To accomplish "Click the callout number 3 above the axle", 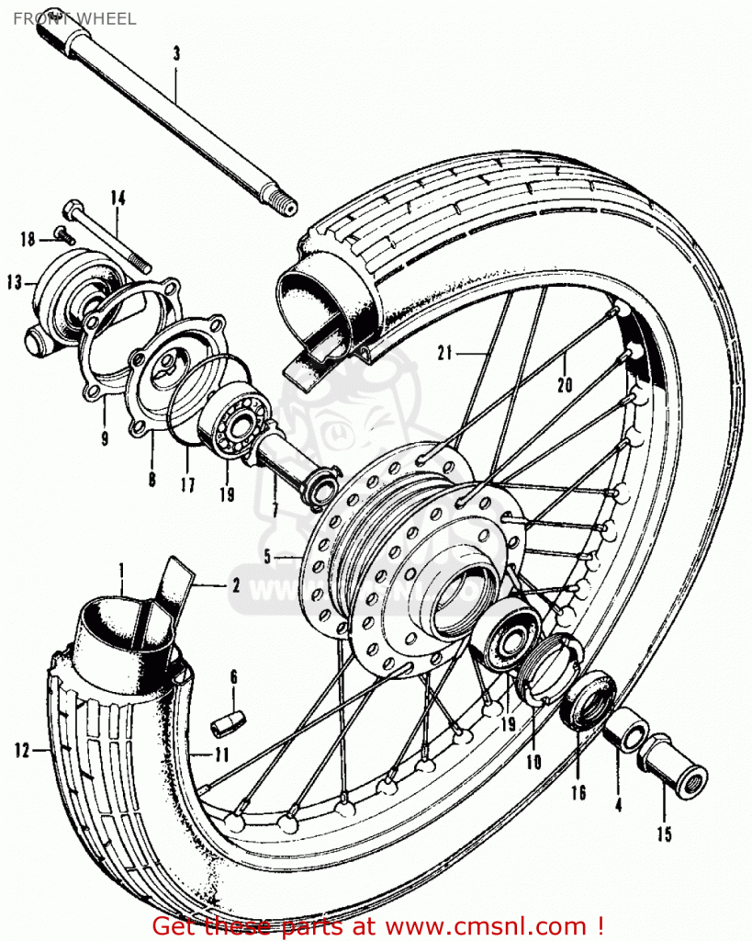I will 176,53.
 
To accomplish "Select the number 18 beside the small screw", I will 28,240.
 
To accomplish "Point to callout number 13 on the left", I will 14,283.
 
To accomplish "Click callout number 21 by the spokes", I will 446,350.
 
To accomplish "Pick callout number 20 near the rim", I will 565,385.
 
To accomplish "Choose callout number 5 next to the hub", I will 267,556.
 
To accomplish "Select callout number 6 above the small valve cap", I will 233,677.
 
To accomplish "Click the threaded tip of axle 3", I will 284,207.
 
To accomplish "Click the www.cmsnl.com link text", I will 496,924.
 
